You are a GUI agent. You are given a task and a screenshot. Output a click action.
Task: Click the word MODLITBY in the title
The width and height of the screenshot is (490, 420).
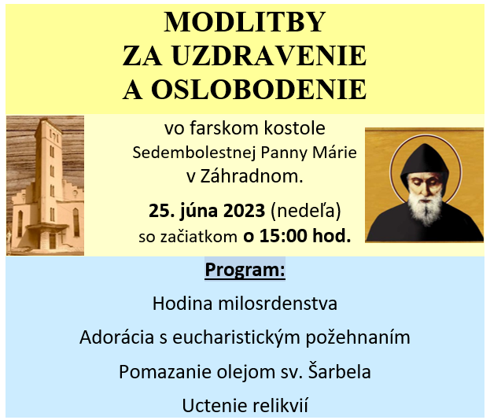point(245,22)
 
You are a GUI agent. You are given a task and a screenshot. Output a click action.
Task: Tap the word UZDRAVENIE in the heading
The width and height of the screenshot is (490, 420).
point(269,56)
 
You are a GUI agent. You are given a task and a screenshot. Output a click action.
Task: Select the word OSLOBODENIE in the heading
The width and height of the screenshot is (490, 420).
point(259,90)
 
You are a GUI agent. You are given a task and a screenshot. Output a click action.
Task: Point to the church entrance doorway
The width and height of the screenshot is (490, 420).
point(53,241)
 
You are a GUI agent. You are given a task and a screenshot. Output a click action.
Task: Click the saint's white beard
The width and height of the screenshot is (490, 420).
point(425,208)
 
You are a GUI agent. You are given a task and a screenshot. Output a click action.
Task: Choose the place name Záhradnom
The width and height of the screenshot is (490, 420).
point(252,176)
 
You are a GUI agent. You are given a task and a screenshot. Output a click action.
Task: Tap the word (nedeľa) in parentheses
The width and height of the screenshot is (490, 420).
point(306,211)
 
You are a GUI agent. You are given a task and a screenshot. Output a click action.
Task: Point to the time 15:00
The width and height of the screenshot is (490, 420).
point(283,236)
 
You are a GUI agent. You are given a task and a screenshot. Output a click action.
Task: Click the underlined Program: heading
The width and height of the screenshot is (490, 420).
point(245,269)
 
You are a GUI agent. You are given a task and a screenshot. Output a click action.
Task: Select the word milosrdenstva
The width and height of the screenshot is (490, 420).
point(278,304)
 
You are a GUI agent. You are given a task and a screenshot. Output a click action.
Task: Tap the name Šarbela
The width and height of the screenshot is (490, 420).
point(340,371)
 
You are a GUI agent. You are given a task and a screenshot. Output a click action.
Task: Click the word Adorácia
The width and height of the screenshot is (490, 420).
point(117,337)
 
